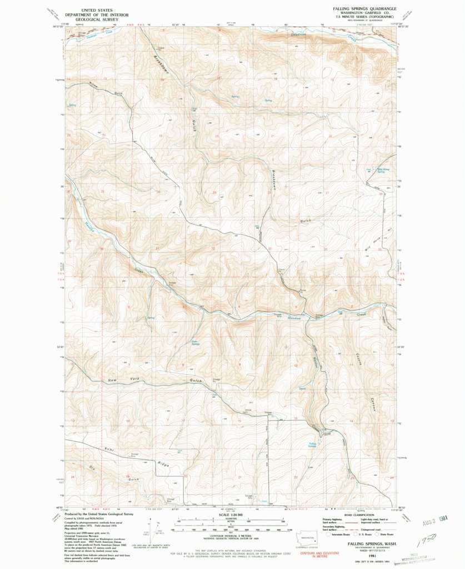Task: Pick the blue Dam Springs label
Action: tap(195, 343)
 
